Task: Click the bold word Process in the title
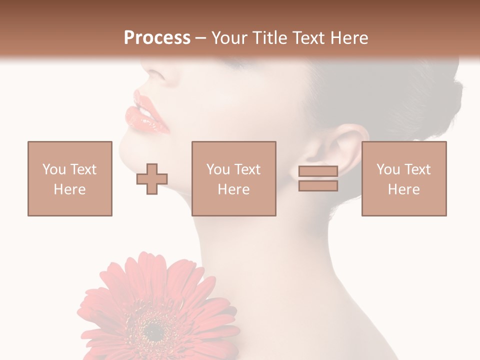pyautogui.click(x=157, y=38)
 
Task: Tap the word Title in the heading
pyautogui.click(x=270, y=38)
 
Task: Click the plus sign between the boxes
pyautogui.click(x=152, y=179)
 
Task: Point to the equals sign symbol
pyautogui.click(x=318, y=178)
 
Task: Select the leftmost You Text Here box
pyautogui.click(x=70, y=178)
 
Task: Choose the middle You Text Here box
pyautogui.click(x=234, y=178)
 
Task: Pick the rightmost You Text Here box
pyautogui.click(x=404, y=178)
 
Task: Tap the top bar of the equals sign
pyautogui.click(x=318, y=171)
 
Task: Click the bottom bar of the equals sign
pyautogui.click(x=318, y=186)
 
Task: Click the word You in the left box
pyautogui.click(x=53, y=169)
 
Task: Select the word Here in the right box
pyautogui.click(x=404, y=189)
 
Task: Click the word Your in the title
pyautogui.click(x=229, y=38)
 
